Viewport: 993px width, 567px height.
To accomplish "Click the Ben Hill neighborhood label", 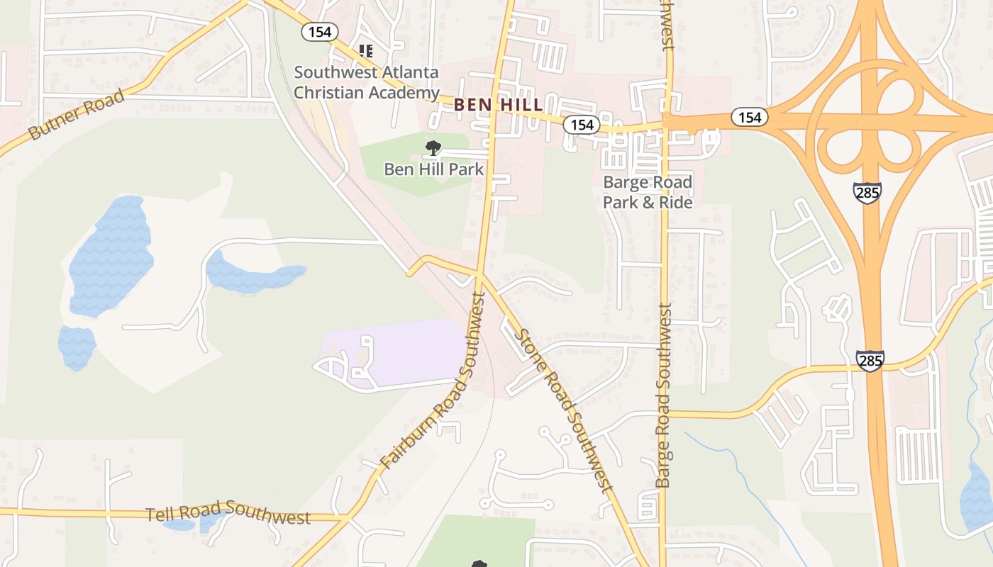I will tap(499, 105).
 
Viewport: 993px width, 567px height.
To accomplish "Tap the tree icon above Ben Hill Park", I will tap(433, 148).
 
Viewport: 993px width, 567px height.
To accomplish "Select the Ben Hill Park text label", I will tap(433, 169).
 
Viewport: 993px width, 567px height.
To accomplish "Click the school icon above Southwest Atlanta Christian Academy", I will tap(366, 51).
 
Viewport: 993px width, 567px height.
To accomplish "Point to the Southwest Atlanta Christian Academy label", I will tap(366, 82).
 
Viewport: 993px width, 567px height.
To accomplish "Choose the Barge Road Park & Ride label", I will tap(648, 192).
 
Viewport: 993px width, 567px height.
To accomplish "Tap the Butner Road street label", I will tap(77, 114).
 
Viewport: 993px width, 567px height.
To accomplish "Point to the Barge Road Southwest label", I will tap(664, 395).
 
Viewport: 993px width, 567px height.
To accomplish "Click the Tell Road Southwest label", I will tap(228, 515).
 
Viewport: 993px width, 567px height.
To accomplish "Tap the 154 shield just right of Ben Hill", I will tap(582, 125).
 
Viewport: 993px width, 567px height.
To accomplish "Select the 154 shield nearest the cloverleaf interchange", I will tap(749, 117).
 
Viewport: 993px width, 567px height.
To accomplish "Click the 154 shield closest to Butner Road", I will tap(319, 31).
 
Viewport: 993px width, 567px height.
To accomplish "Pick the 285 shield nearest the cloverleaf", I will tap(867, 191).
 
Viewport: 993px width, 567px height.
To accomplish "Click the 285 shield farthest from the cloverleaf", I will tap(870, 360).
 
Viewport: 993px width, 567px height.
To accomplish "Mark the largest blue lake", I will tap(111, 256).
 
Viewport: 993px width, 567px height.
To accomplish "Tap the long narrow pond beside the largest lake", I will tap(254, 275).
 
